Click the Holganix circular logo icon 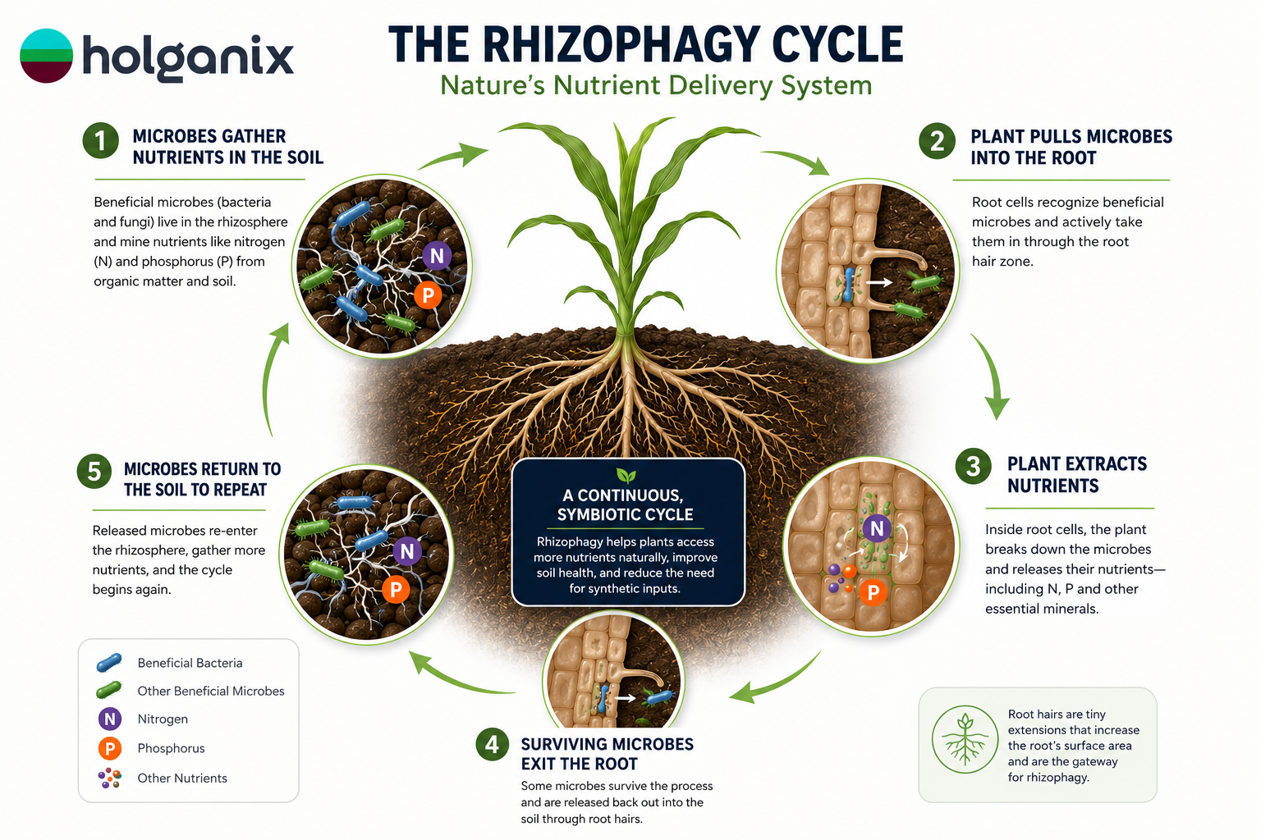coord(46,56)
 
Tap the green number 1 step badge coord(101,140)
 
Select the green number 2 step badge coord(937,141)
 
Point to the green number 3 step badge coord(974,467)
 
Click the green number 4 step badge coord(493,744)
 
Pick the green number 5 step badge coord(94,472)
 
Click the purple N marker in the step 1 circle coord(437,256)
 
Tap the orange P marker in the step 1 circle coord(428,294)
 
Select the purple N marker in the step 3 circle coord(877,528)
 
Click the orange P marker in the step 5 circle coord(396,589)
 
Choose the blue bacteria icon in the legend coord(109,663)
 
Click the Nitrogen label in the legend coord(163,719)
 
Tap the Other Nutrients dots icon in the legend coord(110,778)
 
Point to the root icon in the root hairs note coord(965,739)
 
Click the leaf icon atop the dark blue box coord(626,476)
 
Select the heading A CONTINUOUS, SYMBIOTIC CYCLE coord(625,504)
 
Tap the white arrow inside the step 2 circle coord(879,282)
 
